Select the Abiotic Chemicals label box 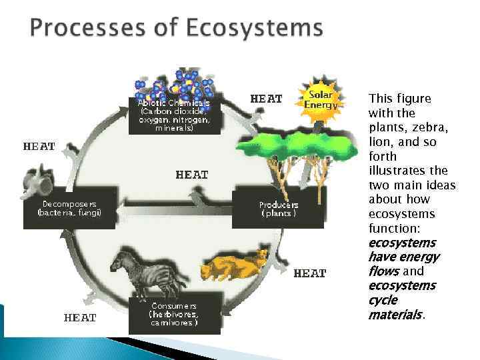[x=174, y=115]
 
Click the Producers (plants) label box [x=278, y=209]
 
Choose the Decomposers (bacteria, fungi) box [x=70, y=207]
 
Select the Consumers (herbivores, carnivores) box [x=174, y=312]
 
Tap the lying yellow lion [x=233, y=265]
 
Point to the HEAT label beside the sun [x=266, y=99]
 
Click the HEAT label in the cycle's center [x=192, y=175]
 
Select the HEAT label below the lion [x=309, y=273]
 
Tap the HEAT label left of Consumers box [x=80, y=318]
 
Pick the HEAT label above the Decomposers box [x=39, y=146]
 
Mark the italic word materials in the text [x=395, y=314]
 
